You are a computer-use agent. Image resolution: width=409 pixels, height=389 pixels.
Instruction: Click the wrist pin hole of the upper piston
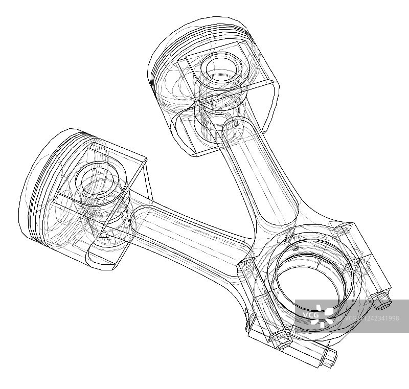click(x=218, y=67)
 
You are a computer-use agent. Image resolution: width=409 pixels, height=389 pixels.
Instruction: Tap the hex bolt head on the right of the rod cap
click(x=382, y=303)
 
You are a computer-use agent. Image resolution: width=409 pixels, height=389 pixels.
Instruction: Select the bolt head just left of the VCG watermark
click(x=280, y=339)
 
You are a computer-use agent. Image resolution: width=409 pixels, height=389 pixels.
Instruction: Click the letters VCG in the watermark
click(x=311, y=314)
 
